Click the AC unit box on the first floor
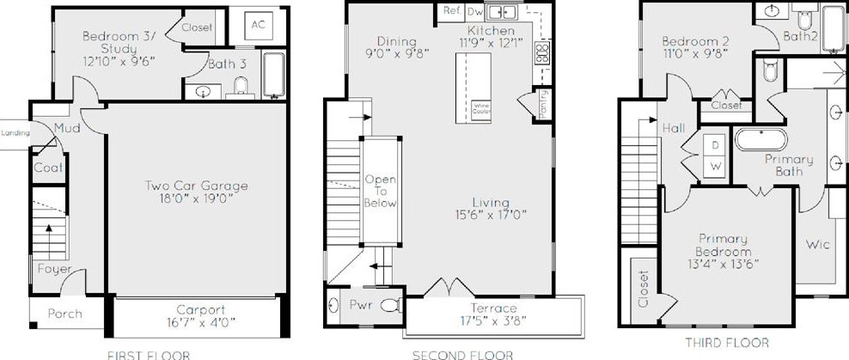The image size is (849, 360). pos(258,25)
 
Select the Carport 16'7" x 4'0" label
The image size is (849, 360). pos(200,317)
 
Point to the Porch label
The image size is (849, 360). pos(65,314)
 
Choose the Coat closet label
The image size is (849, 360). pos(48,168)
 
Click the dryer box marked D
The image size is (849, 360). pos(716,143)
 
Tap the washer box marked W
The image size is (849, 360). pos(716,164)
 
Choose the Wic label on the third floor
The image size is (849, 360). pos(817,245)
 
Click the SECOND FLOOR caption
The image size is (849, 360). pos(461,354)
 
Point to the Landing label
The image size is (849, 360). pos(15,133)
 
